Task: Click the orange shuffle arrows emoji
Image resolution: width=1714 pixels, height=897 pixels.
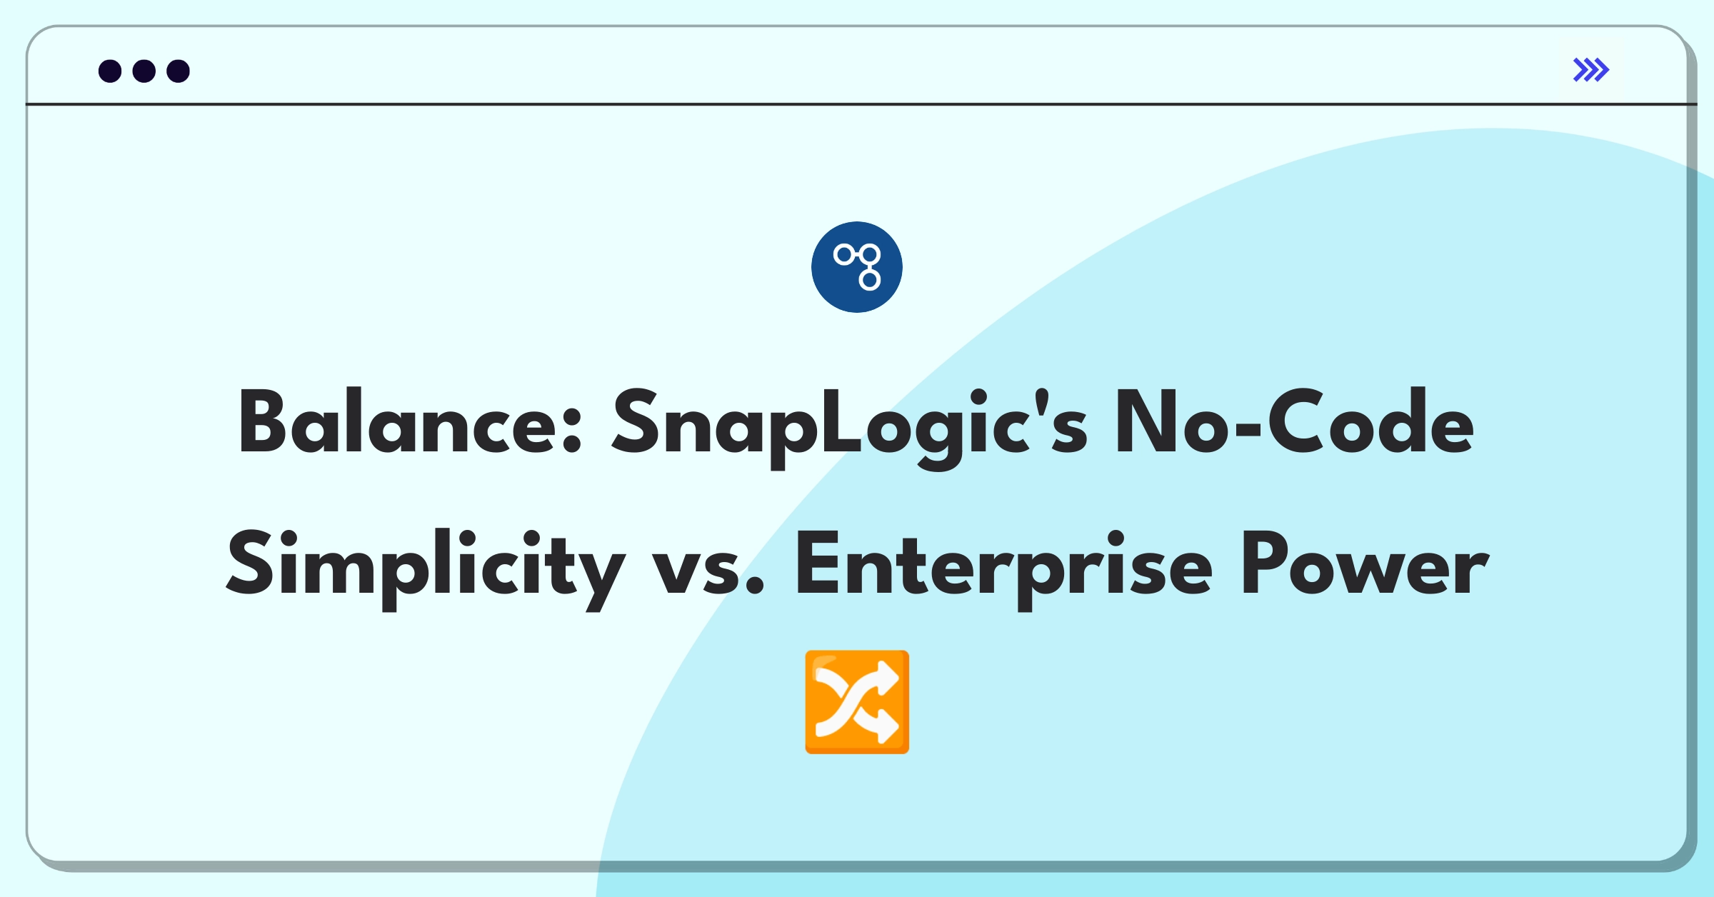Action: (857, 702)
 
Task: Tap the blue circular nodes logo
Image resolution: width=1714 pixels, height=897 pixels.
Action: (857, 267)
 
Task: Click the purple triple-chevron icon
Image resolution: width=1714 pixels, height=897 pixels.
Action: (1591, 70)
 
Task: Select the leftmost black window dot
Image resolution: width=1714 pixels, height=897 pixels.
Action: (110, 71)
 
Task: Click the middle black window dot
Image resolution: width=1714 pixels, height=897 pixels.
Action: (144, 71)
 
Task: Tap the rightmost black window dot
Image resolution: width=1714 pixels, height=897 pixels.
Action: (179, 71)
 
